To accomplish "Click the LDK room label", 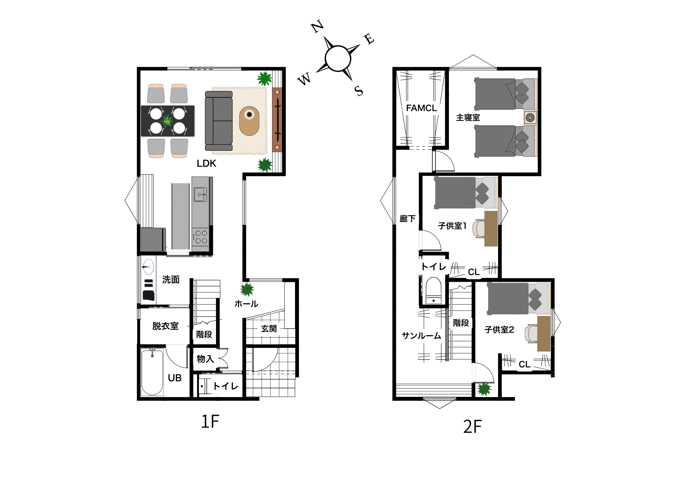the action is point(206,163).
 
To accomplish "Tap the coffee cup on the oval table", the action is point(249,114).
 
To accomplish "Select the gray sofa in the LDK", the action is point(219,121).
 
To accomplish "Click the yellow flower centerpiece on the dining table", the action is point(167,121).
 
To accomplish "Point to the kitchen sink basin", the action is point(200,195).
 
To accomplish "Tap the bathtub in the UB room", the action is point(152,372).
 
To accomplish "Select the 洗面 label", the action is point(171,279).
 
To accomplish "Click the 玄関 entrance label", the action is point(269,329).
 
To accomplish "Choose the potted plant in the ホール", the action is point(247,290).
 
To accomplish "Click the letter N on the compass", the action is point(317,26).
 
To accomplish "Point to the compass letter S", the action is point(359,91).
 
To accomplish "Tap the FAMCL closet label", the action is point(421,108).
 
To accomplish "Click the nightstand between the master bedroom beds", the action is point(530,118).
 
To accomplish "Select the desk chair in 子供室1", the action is point(479,228).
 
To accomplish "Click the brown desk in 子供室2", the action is point(544,334).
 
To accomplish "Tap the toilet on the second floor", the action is point(434,290).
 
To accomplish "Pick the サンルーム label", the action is point(421,336).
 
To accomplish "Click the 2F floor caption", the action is point(472,427).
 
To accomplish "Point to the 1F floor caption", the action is point(210,422).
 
